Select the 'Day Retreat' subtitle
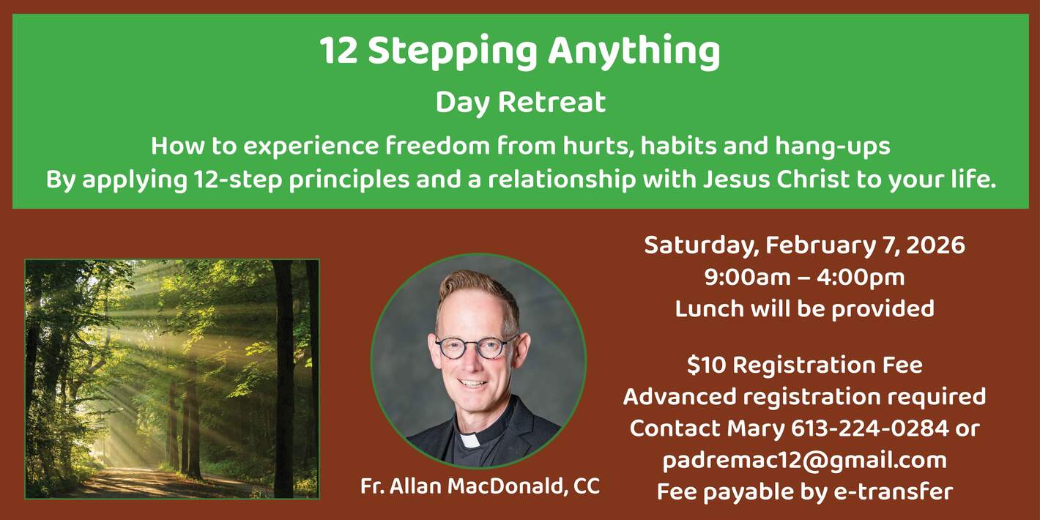click(520, 103)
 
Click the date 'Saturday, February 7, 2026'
click(804, 245)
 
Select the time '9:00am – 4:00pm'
click(804, 278)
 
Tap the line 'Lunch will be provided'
click(804, 308)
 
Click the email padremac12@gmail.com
click(804, 460)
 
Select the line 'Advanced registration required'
click(804, 396)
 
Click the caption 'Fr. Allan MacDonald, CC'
click(480, 486)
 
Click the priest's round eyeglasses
click(477, 346)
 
